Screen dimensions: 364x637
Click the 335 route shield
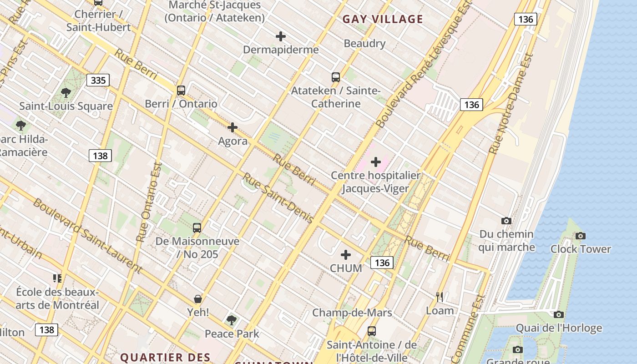coord(98,81)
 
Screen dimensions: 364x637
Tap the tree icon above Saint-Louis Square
coord(66,93)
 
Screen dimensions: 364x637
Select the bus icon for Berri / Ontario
coord(181,90)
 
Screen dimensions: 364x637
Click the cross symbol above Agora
coord(233,127)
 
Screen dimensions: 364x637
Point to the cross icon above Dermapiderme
coord(281,36)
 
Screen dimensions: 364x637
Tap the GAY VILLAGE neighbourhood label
coord(383,19)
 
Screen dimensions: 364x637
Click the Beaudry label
coord(364,44)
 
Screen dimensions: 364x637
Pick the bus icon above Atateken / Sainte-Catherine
coord(336,77)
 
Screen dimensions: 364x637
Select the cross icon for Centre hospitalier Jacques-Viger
coord(376,162)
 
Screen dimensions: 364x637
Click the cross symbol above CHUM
coord(346,255)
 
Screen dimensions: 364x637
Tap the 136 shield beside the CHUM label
coord(382,263)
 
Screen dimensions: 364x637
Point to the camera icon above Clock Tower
coord(580,236)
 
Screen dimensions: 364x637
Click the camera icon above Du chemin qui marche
coord(506,221)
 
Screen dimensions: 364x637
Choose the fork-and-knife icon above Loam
coord(440,297)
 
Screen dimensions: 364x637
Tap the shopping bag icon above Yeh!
coord(198,299)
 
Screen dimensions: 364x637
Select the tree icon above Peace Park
coord(232,320)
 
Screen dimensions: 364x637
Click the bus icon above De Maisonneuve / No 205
coord(197,227)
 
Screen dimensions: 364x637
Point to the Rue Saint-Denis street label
coord(278,198)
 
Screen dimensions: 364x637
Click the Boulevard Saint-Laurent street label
coord(87,233)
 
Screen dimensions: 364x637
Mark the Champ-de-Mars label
coord(352,313)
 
